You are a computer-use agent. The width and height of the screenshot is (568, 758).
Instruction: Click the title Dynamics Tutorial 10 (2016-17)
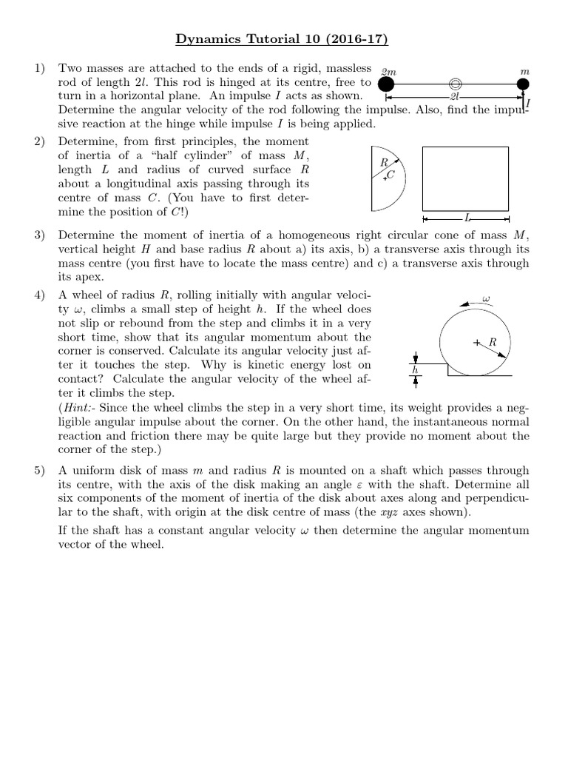pyautogui.click(x=284, y=38)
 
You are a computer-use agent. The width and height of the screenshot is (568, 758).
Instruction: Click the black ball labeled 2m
pyautogui.click(x=386, y=85)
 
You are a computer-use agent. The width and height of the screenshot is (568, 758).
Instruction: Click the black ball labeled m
pyautogui.click(x=524, y=85)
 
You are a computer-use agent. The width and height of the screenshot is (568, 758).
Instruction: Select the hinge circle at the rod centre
pyautogui.click(x=456, y=85)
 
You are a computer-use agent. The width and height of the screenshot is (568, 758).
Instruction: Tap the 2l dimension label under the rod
pyautogui.click(x=456, y=97)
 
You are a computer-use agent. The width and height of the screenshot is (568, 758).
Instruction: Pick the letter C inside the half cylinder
pyautogui.click(x=391, y=175)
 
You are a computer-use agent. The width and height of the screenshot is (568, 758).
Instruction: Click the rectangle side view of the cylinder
pyautogui.click(x=465, y=178)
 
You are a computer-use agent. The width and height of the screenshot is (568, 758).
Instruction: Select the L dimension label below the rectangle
pyautogui.click(x=467, y=219)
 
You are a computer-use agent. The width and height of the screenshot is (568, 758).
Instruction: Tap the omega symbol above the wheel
pyautogui.click(x=486, y=300)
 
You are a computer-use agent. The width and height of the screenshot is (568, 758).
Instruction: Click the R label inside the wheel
pyautogui.click(x=493, y=342)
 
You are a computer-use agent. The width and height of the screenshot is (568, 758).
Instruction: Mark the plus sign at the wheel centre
pyautogui.click(x=476, y=342)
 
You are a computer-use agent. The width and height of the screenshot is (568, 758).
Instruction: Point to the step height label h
pyautogui.click(x=415, y=369)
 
